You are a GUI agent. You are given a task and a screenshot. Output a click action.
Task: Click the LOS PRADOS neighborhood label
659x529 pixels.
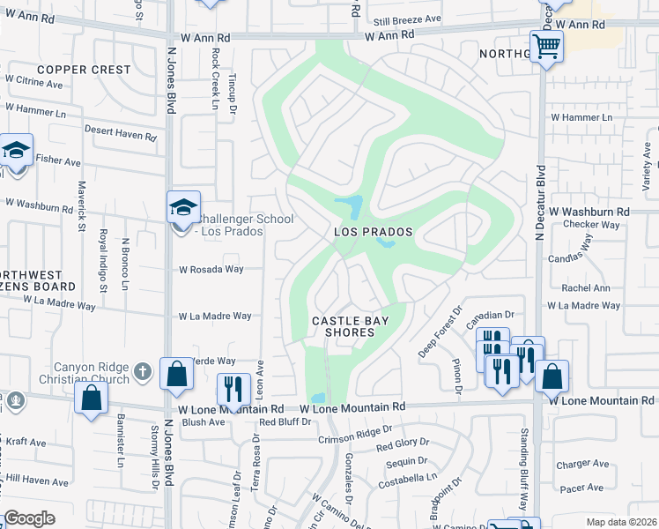coord(374,232)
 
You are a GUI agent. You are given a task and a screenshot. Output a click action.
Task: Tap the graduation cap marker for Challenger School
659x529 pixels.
coord(183,208)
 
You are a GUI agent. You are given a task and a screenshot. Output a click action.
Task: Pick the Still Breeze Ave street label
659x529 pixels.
coord(406,19)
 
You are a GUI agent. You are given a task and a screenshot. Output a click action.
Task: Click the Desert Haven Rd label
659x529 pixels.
coord(120,138)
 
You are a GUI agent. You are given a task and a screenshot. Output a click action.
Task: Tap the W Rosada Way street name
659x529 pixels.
coord(211,270)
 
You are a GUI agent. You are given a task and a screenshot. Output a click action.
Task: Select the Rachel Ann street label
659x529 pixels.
coord(586,288)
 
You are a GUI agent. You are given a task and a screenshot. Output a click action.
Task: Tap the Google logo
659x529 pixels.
coord(29,518)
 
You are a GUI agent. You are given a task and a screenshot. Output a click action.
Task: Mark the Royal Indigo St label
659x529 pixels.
coord(103,261)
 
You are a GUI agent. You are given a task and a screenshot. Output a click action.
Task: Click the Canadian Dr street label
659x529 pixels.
coord(491,315)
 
